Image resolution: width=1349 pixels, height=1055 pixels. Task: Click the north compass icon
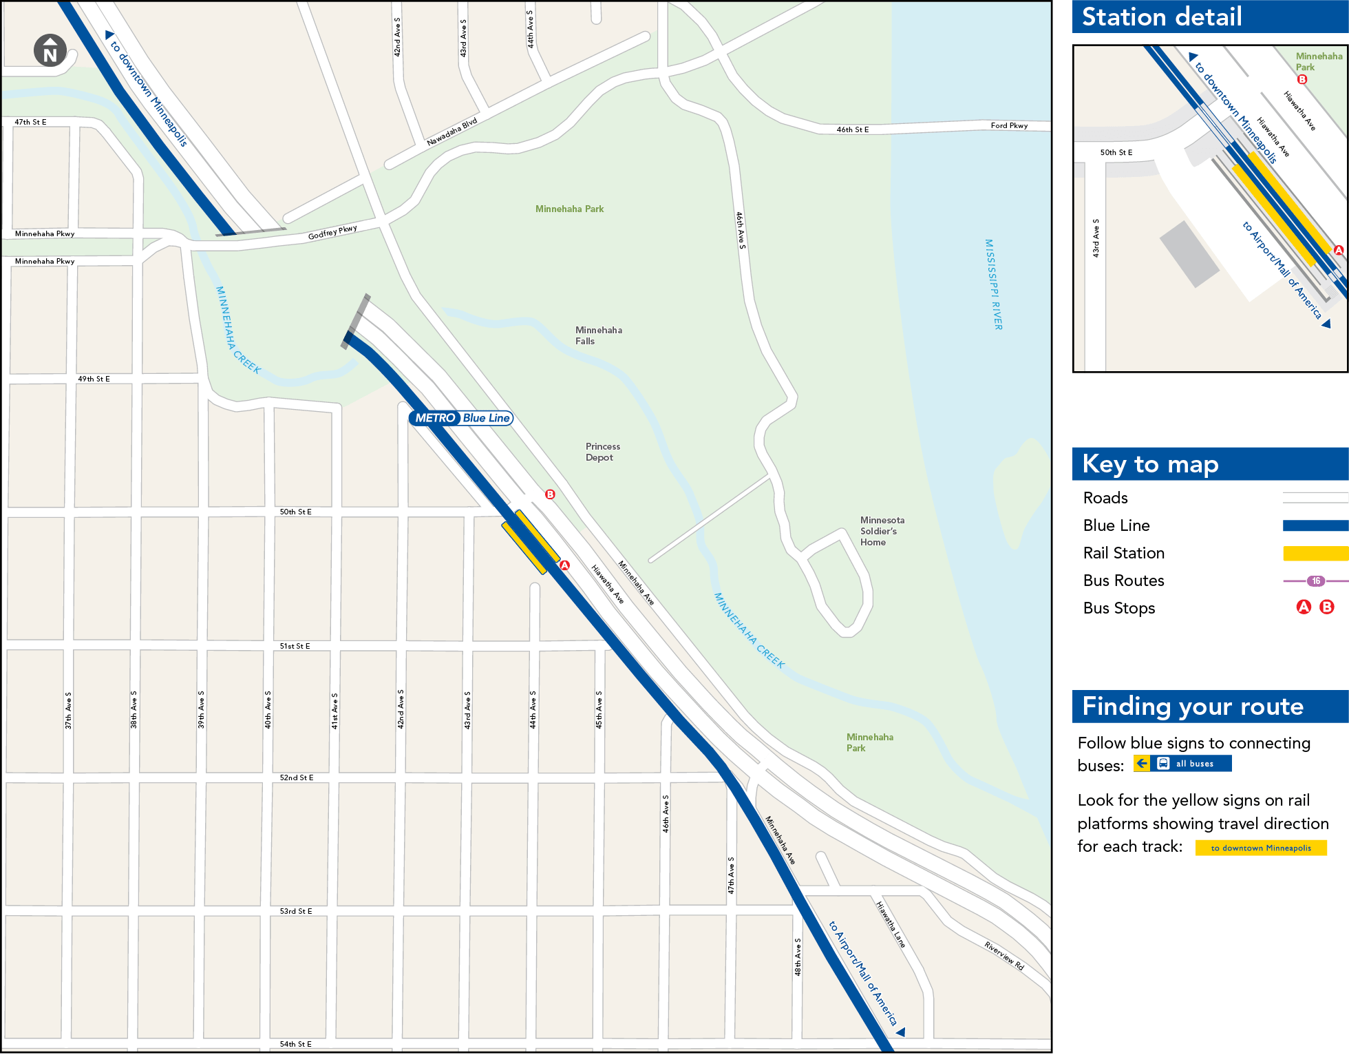point(50,50)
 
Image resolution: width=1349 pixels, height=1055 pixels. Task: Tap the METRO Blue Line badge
point(461,418)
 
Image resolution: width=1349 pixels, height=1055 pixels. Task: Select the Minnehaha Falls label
point(598,335)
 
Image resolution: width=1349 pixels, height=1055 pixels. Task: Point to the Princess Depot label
point(602,452)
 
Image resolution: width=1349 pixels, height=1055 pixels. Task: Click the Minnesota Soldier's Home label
point(882,531)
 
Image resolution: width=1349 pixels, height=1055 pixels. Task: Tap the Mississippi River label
point(993,284)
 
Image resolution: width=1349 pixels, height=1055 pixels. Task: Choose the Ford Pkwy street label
point(1008,125)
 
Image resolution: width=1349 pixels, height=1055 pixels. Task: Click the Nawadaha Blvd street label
point(452,132)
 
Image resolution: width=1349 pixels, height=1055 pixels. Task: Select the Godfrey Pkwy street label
point(332,233)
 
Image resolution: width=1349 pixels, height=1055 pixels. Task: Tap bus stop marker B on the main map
point(550,494)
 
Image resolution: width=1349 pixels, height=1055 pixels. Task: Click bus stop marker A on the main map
point(564,565)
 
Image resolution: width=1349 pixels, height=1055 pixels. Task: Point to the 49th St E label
point(94,379)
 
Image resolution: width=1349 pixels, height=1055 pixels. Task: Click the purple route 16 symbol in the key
point(1315,581)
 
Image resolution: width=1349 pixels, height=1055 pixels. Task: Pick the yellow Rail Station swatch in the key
point(1315,553)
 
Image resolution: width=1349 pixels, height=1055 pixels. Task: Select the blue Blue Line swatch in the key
point(1315,525)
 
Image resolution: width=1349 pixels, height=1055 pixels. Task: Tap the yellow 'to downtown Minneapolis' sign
point(1260,848)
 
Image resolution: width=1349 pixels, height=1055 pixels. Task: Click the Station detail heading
point(1162,17)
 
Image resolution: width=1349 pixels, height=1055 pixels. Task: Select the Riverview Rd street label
point(1003,956)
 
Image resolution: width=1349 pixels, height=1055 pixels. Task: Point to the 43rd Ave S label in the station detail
point(1096,238)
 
